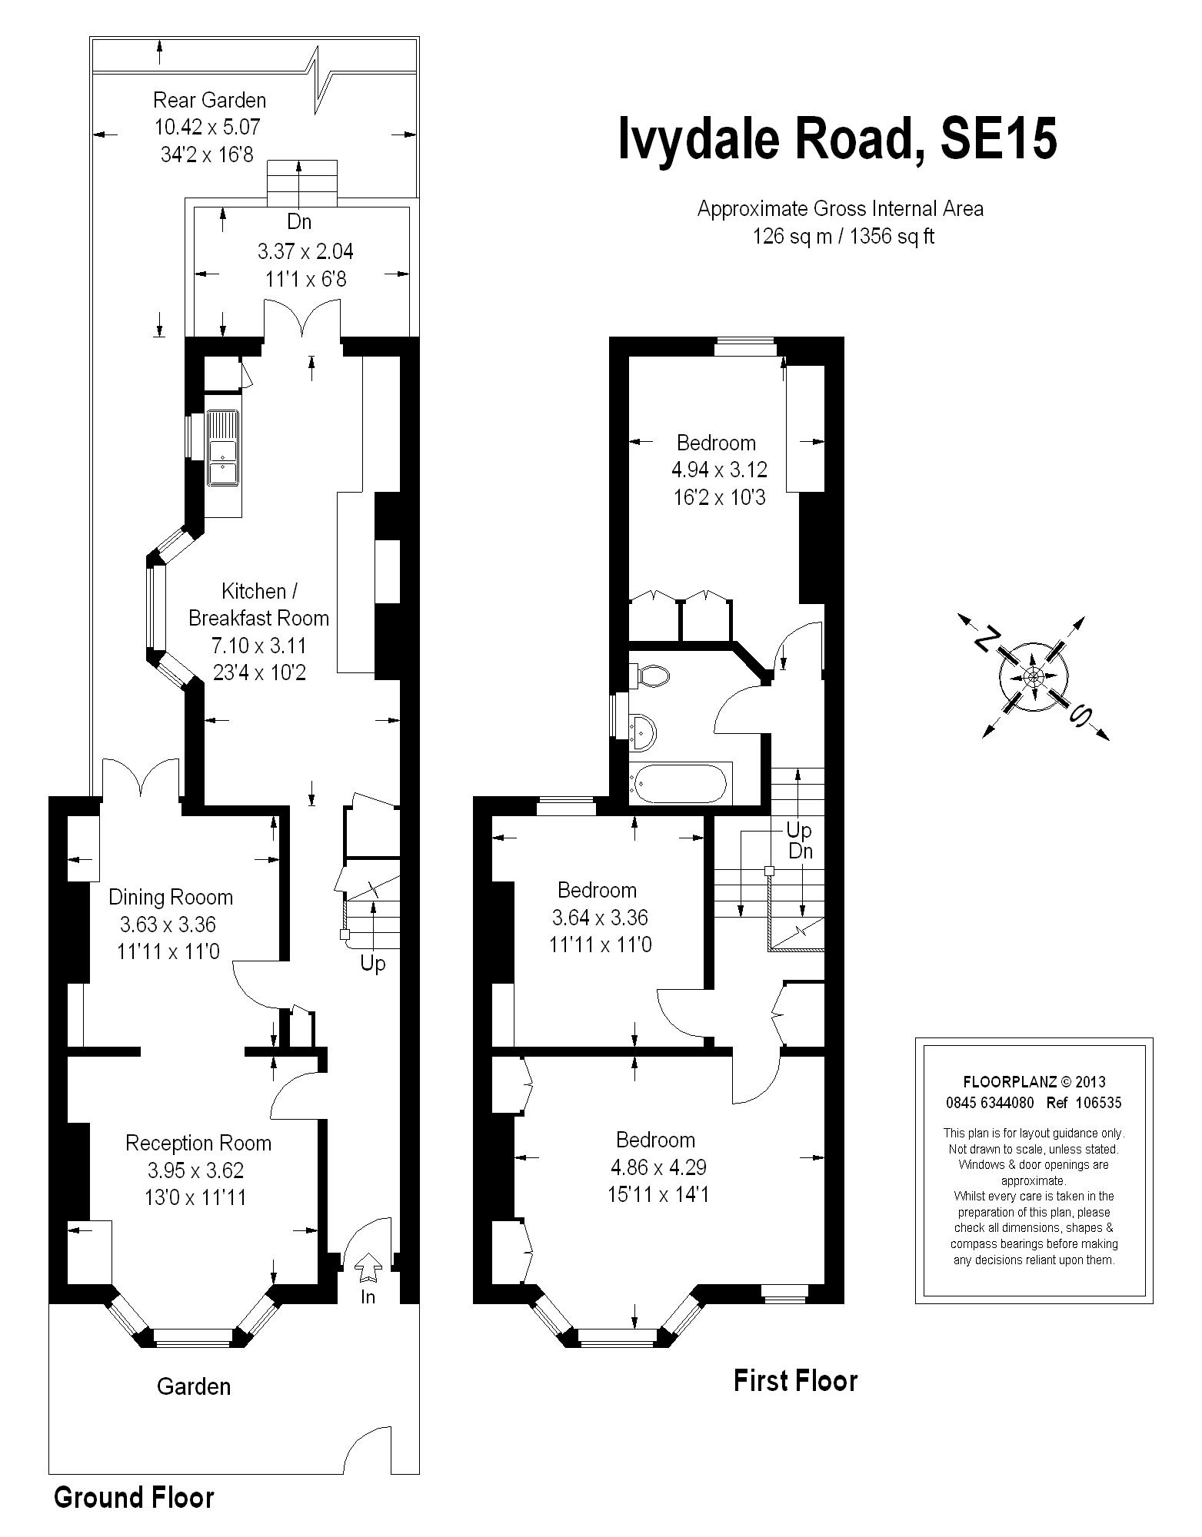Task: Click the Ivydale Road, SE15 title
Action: click(838, 139)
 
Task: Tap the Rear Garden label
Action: click(210, 100)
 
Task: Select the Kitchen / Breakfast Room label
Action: click(259, 604)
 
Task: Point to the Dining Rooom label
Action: click(171, 897)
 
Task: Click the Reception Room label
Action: click(198, 1143)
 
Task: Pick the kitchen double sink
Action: click(223, 449)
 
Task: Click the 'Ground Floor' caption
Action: click(134, 1497)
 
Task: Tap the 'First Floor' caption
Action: click(795, 1380)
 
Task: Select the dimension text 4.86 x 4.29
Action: click(658, 1167)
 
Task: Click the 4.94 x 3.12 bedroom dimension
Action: click(720, 469)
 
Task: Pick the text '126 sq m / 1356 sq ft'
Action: click(843, 236)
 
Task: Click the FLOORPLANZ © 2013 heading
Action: click(1034, 1082)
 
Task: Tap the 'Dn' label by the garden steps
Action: click(299, 221)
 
